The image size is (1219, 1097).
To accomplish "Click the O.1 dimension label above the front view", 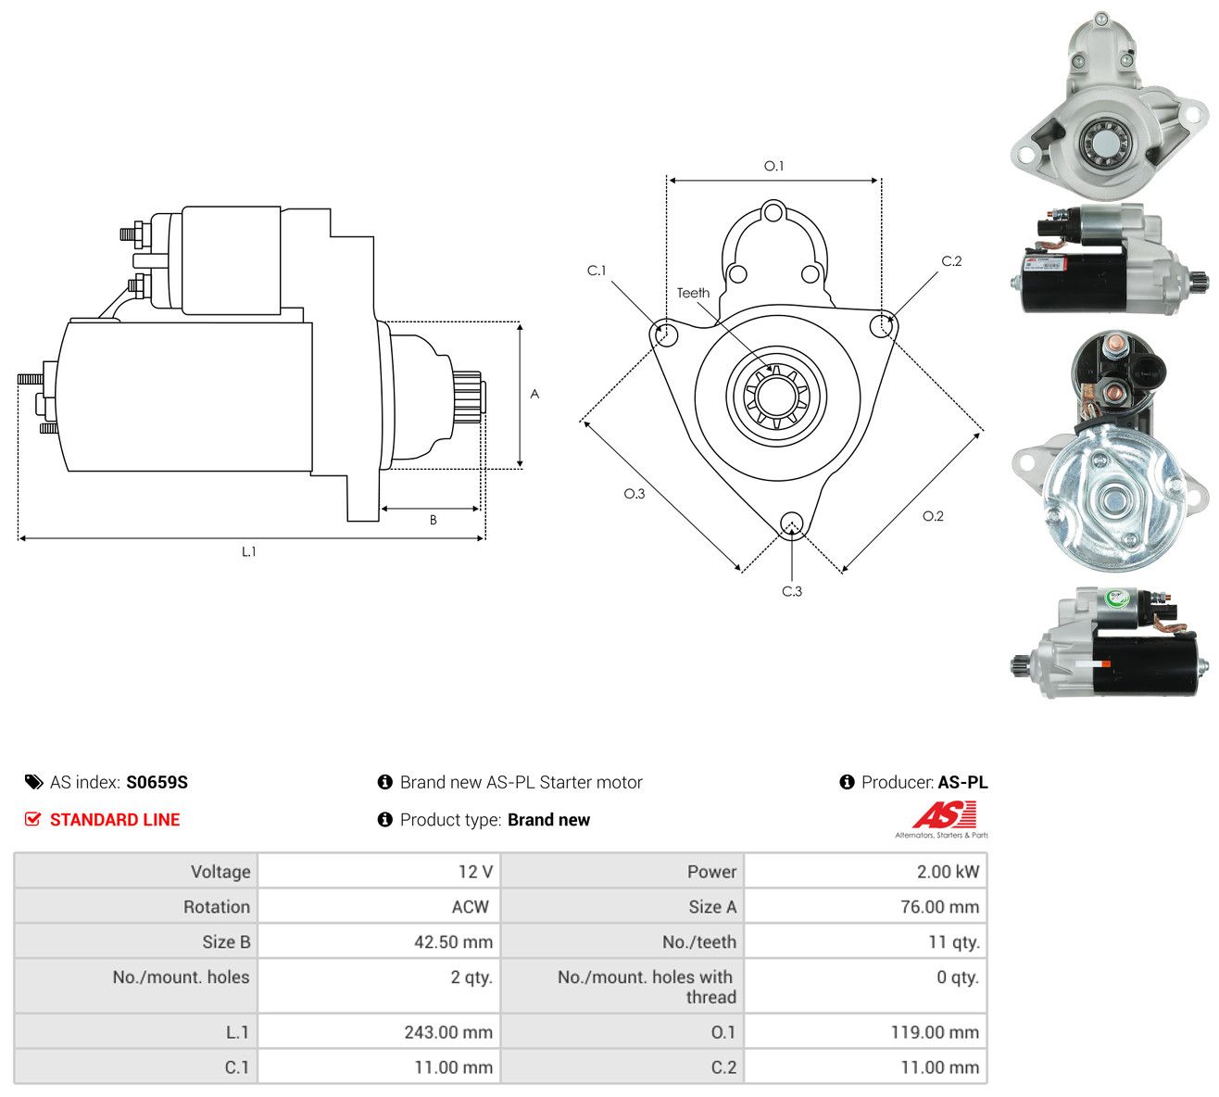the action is (x=773, y=166).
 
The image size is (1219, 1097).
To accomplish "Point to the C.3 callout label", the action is (x=792, y=591).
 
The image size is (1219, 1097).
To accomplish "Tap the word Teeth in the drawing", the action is (x=694, y=293).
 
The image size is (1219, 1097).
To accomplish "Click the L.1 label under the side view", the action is (x=248, y=551).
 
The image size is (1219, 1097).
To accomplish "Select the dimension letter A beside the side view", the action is (x=534, y=394).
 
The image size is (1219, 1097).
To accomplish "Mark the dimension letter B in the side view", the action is (x=434, y=520).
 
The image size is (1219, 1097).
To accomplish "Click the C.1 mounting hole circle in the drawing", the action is (x=667, y=334).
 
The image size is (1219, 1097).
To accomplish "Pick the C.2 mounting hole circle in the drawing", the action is (x=881, y=325).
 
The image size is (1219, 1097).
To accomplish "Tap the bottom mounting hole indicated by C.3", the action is (x=791, y=523).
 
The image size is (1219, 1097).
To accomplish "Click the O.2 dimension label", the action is (x=933, y=516).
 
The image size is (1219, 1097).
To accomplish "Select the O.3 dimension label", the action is (x=635, y=494).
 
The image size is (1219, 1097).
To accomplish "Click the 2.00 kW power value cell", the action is (x=948, y=872).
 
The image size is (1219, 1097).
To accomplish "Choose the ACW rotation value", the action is (x=471, y=907).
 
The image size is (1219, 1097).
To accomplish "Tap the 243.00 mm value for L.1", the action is (x=448, y=1032).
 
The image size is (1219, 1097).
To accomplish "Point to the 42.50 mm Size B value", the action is (x=453, y=942).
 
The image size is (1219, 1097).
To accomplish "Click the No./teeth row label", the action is (x=698, y=942).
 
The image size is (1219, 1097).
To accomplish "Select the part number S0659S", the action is (x=157, y=782).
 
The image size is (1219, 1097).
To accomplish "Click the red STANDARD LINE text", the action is (x=115, y=820).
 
